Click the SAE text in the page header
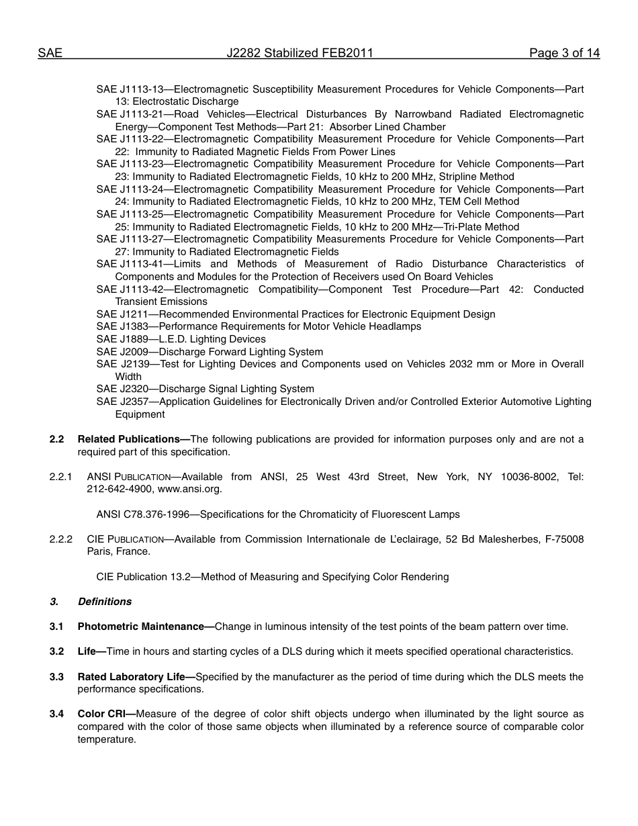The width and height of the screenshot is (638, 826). (x=50, y=53)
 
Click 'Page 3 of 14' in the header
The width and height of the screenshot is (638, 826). (x=564, y=53)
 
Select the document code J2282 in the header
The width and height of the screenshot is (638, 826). (x=244, y=53)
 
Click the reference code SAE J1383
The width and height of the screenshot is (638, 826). (x=122, y=326)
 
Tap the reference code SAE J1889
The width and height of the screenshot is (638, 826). (x=122, y=339)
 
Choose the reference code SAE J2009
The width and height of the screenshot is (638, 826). (x=122, y=352)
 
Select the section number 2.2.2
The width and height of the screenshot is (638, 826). (x=60, y=539)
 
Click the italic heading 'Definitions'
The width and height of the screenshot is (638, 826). (x=105, y=602)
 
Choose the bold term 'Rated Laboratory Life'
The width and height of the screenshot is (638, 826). (x=131, y=677)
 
